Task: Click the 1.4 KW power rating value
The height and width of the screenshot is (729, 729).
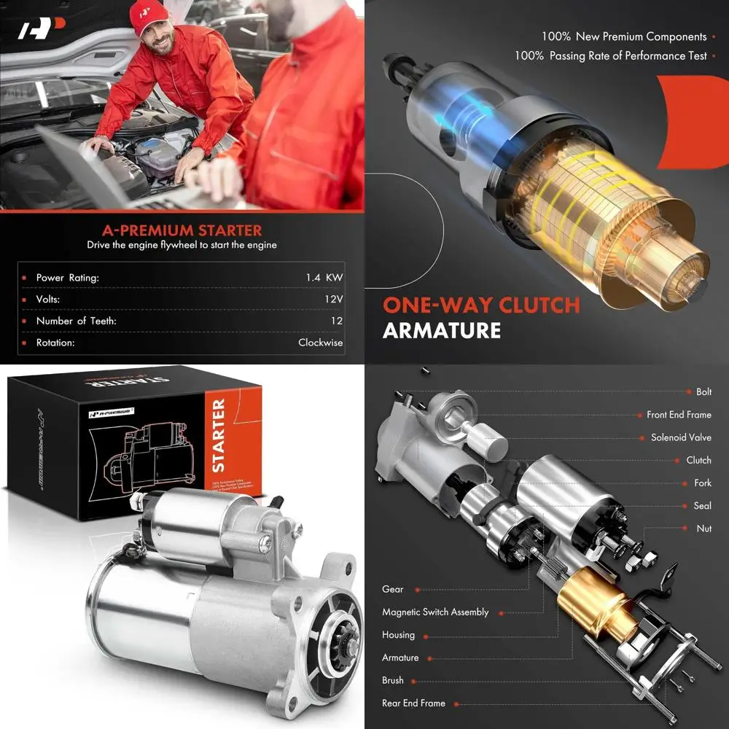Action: [324, 277]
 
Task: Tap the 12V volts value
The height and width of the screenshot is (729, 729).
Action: [334, 299]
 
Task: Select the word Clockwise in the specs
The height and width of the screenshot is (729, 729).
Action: [320, 343]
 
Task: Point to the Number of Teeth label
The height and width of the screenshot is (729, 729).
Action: [76, 321]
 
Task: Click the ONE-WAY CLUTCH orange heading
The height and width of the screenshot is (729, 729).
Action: [481, 304]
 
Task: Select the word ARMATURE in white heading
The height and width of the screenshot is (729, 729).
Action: [442, 330]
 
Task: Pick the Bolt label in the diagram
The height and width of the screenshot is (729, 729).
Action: [703, 391]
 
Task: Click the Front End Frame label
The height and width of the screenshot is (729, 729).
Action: [679, 415]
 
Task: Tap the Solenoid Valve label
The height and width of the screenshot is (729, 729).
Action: [681, 438]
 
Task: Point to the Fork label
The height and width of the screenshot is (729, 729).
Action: [703, 483]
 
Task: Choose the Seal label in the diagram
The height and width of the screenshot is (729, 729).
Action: [703, 505]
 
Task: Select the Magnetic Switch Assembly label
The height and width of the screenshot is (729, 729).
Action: [435, 612]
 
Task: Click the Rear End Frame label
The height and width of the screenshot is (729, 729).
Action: [413, 703]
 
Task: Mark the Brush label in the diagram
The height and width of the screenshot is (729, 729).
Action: [392, 680]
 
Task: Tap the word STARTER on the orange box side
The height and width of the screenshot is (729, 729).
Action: [218, 435]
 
